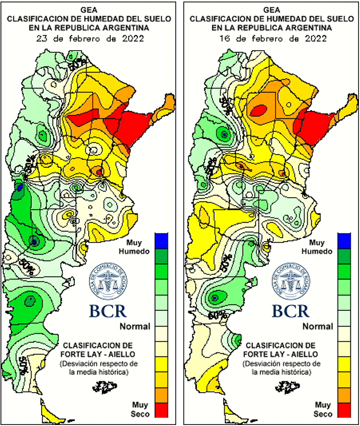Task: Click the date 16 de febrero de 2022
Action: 272,38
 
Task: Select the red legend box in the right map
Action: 345,410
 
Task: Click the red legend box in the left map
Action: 162,410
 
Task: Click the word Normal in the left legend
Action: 135,326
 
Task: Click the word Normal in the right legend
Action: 318,326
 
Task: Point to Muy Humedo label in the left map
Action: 135,246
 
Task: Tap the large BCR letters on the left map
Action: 108,310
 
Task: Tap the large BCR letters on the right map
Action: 290,310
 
